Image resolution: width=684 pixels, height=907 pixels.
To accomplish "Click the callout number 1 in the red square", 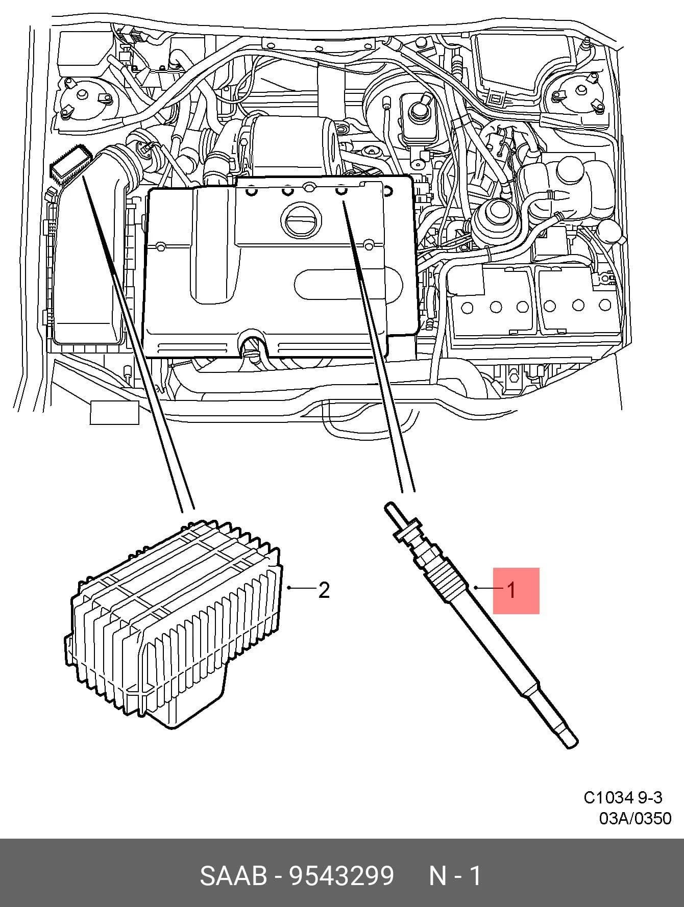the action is tap(511, 590).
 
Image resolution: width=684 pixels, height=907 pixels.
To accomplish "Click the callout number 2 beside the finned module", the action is tap(324, 590).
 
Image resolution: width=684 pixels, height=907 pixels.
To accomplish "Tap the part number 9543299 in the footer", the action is tap(342, 876).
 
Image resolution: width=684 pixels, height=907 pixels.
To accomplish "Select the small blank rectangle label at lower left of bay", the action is tap(114, 413).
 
